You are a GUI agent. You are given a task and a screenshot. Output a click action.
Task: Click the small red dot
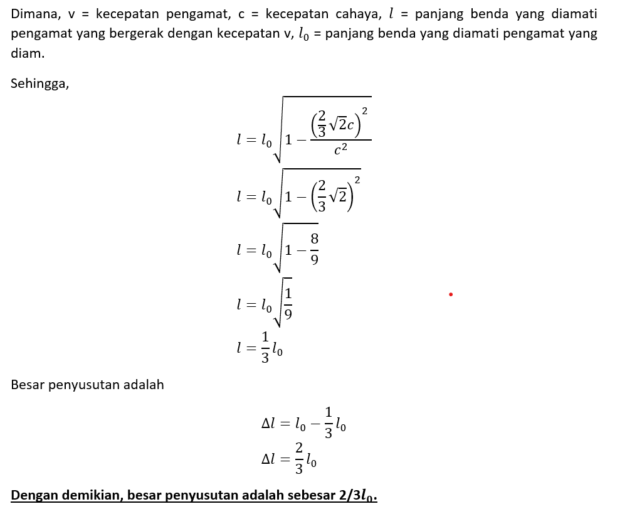pos(451,294)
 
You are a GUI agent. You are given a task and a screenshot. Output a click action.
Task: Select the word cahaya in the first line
pos(354,14)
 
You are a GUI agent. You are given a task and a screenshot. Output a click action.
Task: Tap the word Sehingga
pos(39,83)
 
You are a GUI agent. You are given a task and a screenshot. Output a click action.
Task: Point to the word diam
pos(27,53)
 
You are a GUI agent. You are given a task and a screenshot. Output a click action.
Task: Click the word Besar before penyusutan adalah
pos(27,385)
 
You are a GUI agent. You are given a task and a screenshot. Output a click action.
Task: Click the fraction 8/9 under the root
pos(314,249)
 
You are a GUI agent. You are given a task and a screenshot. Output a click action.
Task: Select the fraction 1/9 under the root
pos(288,303)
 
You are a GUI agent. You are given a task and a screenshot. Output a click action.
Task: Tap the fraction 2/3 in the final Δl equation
pos(299,458)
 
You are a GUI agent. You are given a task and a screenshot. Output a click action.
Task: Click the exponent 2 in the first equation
pos(365,111)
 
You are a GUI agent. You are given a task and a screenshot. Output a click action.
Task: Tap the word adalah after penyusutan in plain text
pos(142,385)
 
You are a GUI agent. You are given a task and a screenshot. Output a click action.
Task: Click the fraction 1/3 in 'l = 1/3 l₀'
pos(265,347)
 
